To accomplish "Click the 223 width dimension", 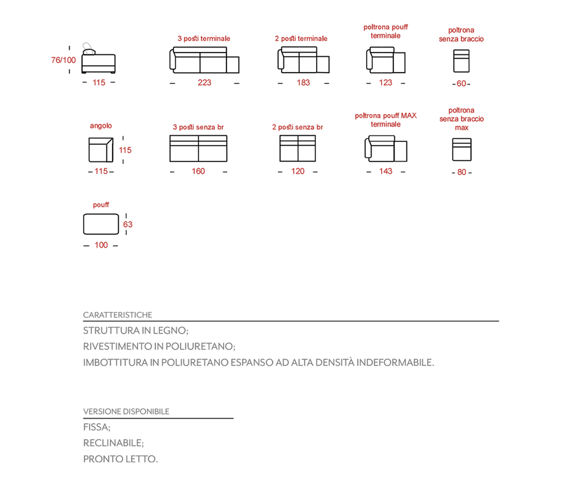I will [x=204, y=82].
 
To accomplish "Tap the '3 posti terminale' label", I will [x=204, y=38].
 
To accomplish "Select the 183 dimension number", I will [x=303, y=82].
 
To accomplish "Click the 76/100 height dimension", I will [x=63, y=60].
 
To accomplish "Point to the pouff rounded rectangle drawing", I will [x=101, y=224].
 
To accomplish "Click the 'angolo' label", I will [x=101, y=126].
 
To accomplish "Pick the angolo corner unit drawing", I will [x=101, y=150].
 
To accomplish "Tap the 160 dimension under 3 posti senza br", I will [x=198, y=171].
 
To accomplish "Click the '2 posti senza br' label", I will [x=297, y=127].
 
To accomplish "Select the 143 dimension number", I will [x=386, y=171].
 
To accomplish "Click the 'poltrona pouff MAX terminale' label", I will [x=386, y=120].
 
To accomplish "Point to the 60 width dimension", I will [x=461, y=84].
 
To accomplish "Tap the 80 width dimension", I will [x=462, y=172].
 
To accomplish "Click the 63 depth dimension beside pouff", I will [x=128, y=224].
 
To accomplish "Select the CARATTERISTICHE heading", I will [x=118, y=315].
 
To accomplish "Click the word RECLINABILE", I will [x=113, y=443].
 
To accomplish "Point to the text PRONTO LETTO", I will [x=120, y=459].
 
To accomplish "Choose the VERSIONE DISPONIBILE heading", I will [x=126, y=411].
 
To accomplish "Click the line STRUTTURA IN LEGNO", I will [x=135, y=330].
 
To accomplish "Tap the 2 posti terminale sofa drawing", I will [x=303, y=60].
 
